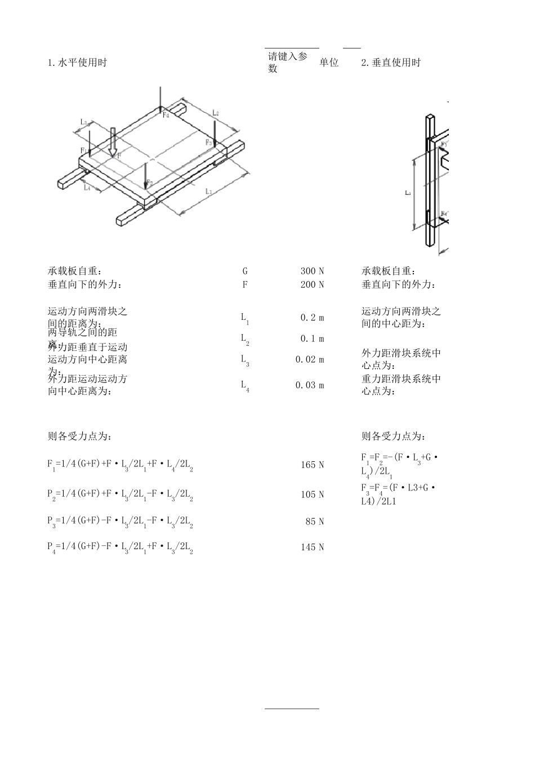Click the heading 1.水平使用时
77,63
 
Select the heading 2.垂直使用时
391,63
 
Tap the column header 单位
329,63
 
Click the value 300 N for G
313,271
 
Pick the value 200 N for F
313,284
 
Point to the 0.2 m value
313,318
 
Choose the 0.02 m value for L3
310,359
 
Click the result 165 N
313,465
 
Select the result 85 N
315,522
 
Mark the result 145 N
313,547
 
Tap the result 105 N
313,495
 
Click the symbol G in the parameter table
245,271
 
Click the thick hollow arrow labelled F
113,141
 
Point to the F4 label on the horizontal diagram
166,115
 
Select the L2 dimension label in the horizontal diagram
215,113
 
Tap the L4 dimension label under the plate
87,188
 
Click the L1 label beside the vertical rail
408,193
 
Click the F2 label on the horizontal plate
149,182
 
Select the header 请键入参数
288,63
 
